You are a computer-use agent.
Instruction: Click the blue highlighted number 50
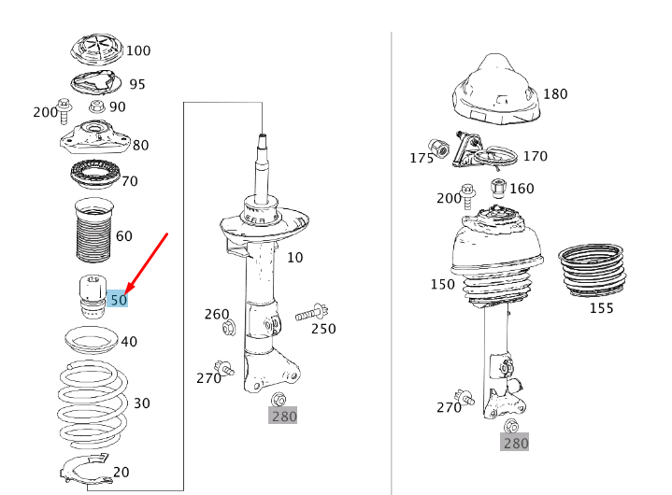tap(119, 300)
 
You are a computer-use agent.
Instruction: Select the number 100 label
tap(137, 50)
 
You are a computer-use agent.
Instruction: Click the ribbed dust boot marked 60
tap(93, 233)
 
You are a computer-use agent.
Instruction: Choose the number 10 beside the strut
tap(294, 257)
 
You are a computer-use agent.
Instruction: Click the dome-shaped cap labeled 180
tap(496, 92)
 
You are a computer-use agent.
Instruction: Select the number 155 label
tap(601, 307)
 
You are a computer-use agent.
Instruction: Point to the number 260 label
tap(217, 314)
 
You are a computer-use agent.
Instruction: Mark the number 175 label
tap(422, 158)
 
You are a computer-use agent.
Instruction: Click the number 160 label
tap(522, 189)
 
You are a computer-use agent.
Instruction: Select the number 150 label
tap(442, 283)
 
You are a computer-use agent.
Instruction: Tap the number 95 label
tap(136, 84)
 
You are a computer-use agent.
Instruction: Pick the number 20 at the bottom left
tap(121, 472)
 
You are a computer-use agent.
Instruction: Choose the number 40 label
tap(128, 342)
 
